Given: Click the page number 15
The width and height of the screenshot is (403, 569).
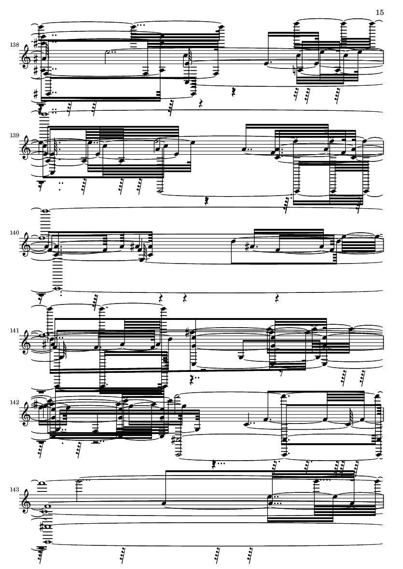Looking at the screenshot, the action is click(379, 13).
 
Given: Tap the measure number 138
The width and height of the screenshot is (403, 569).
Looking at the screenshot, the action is click(14, 45).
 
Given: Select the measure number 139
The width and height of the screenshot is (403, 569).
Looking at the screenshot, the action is click(14, 135).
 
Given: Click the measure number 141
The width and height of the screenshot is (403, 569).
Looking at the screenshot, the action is click(14, 331).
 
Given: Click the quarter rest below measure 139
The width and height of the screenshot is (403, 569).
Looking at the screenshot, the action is click(206, 200).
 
